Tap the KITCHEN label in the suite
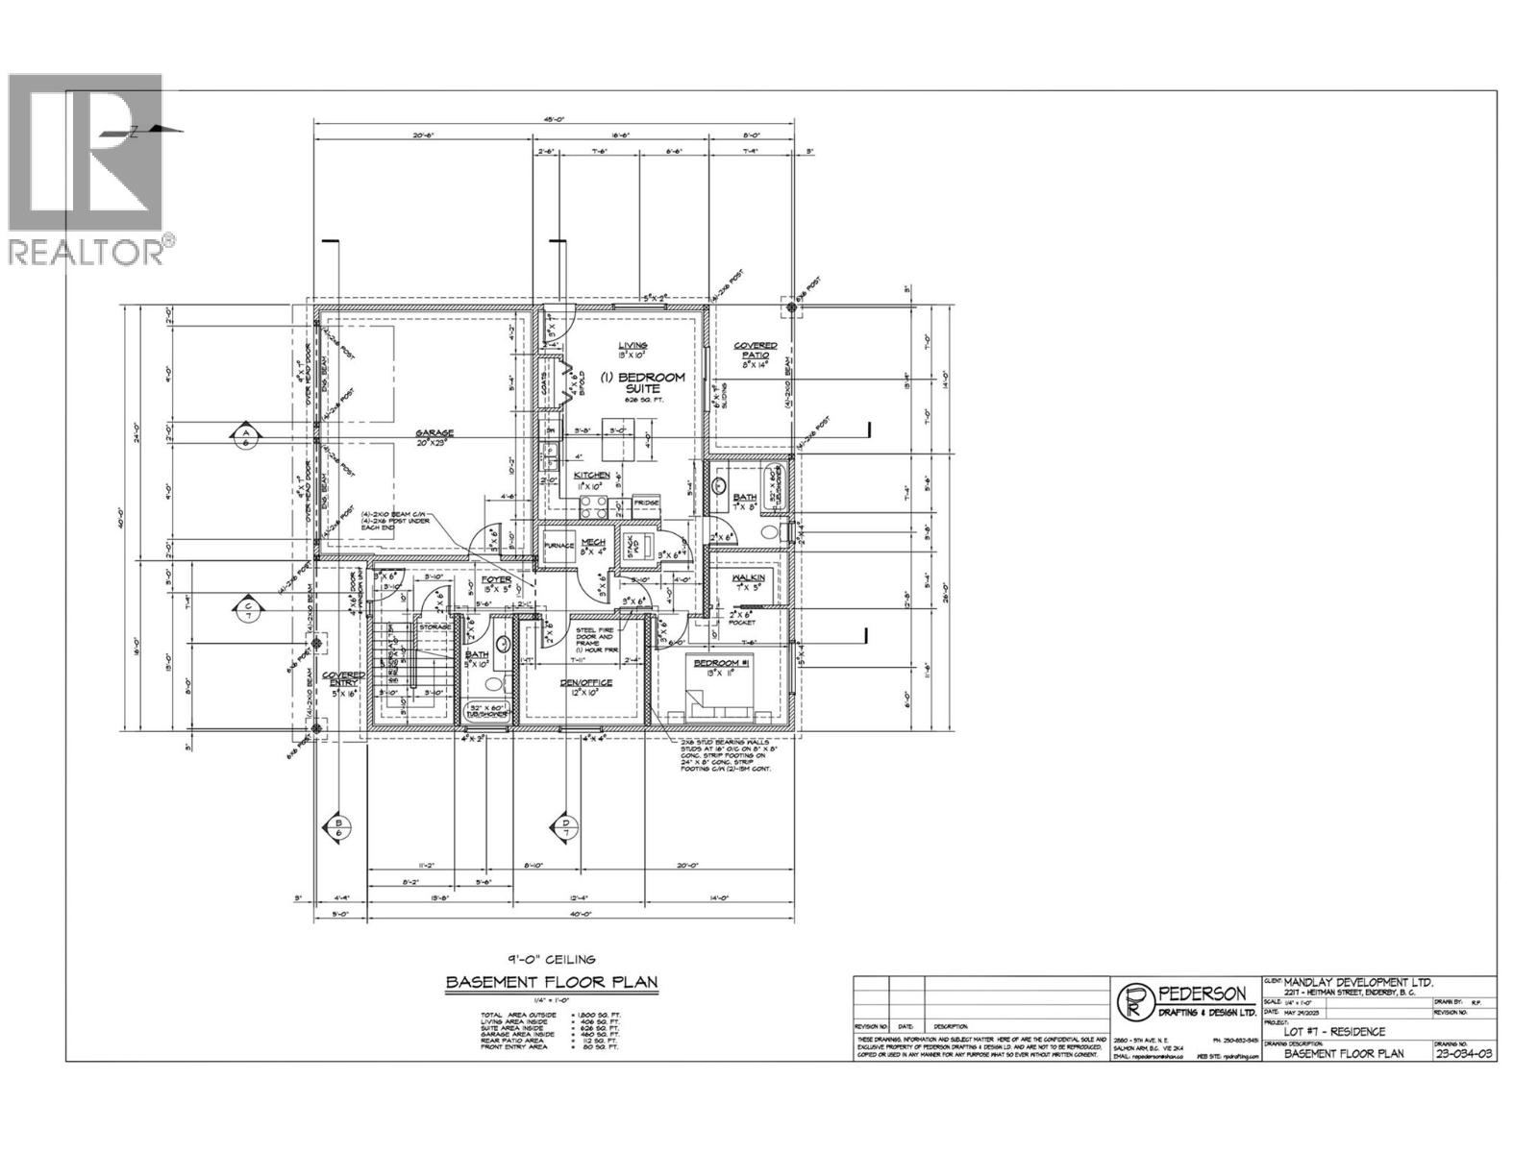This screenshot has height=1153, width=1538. click(x=592, y=477)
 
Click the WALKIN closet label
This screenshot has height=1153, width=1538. click(x=747, y=578)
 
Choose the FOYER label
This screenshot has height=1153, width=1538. click(x=496, y=580)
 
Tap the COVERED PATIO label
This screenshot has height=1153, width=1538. click(x=756, y=350)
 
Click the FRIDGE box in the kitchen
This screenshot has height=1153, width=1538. click(x=645, y=503)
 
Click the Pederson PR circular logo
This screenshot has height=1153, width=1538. click(x=1135, y=1001)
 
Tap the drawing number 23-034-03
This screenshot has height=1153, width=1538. click(x=1463, y=1053)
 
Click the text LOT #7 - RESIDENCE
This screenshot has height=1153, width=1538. click(x=1339, y=1032)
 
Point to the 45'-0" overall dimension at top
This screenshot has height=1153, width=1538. click(x=553, y=120)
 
